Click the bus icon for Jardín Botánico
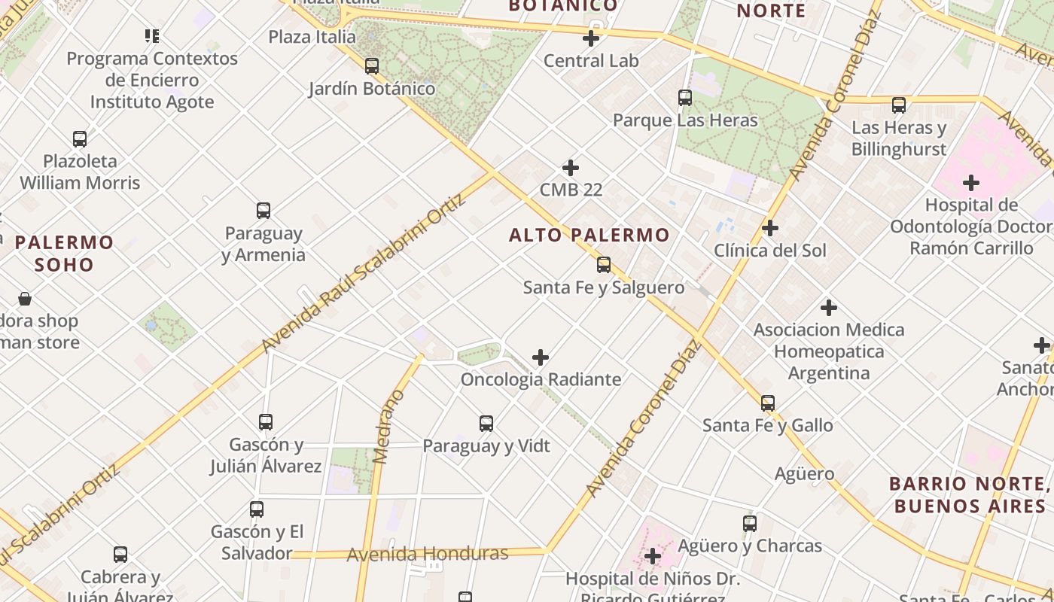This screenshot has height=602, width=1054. pos(372,66)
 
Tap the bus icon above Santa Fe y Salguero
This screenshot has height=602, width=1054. pos(604,265)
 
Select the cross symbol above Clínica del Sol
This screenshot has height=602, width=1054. pos(770,228)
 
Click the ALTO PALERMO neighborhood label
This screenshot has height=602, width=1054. pos(589,235)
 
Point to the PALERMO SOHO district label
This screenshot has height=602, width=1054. pos(64,254)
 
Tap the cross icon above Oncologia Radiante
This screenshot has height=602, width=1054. pos(541,357)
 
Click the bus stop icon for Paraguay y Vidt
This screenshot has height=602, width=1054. pos(486,424)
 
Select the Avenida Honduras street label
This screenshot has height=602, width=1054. pos(428,555)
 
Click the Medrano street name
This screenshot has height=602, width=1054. pos(389,426)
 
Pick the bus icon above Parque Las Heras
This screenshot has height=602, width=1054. pos(685,98)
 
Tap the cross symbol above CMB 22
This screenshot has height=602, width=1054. pos(571,168)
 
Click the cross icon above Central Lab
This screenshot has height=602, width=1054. pos(591,38)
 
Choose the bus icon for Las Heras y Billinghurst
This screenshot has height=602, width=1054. pos(899,105)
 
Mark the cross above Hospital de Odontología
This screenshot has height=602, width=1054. pos(971,183)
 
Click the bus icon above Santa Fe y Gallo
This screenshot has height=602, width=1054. pos(768,403)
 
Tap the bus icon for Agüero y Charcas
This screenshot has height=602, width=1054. pos(750,524)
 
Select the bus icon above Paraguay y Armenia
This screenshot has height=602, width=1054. pos(263,211)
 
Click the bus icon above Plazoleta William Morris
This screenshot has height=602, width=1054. pos(80,139)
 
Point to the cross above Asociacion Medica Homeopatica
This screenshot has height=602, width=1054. pos(829,308)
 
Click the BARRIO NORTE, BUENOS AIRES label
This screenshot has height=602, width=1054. pos(970,494)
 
